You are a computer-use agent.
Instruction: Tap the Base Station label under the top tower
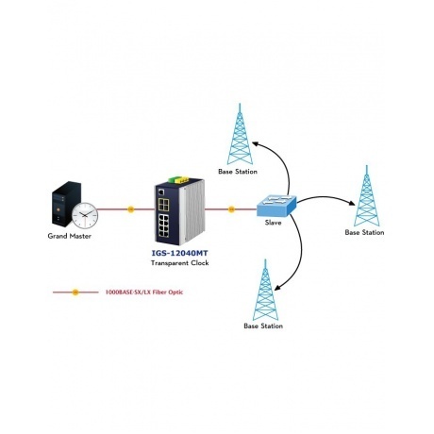coord(236,173)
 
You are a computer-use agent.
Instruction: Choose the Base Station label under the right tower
coord(364,232)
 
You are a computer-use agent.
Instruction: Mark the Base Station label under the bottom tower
coord(263,326)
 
